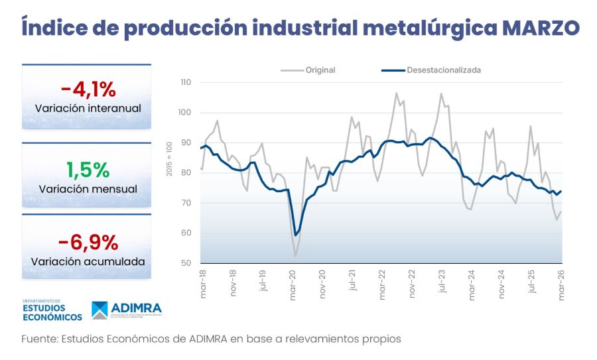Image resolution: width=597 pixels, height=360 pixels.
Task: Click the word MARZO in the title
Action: point(540,28)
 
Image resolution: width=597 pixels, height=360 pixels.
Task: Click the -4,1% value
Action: point(88,89)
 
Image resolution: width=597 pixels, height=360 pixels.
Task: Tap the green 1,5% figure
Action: point(88,170)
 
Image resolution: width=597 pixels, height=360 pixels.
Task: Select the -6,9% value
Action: point(88,242)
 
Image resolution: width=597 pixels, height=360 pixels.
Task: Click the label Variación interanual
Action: point(88,108)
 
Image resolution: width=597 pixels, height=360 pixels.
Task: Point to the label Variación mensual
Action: point(88,189)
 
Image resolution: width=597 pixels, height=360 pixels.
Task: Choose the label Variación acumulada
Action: point(88,261)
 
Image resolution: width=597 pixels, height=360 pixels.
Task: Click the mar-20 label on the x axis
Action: point(293,282)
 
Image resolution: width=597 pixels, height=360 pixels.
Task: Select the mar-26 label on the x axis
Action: point(562,282)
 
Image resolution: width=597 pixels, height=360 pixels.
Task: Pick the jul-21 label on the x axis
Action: point(352,282)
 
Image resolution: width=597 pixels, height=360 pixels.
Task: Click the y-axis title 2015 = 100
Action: point(170,158)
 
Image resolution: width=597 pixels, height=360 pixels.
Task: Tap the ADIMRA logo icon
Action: point(99,310)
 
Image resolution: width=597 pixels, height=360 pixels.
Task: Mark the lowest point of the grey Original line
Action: point(295,255)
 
